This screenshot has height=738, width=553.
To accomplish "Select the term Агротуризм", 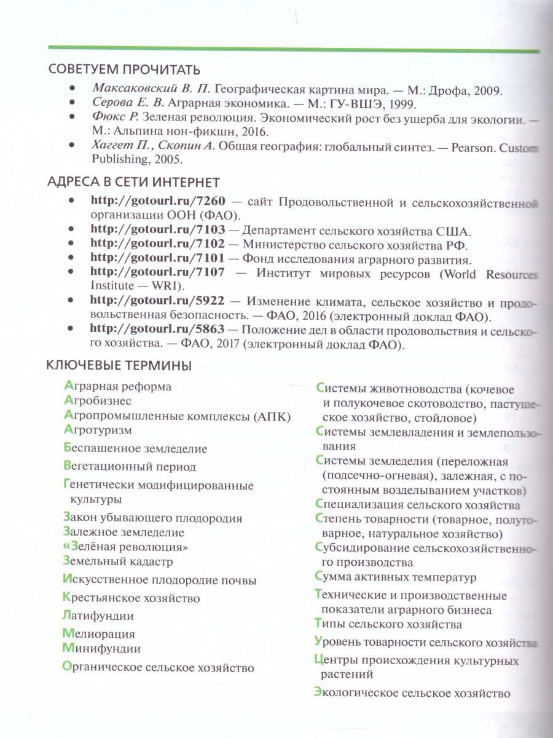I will click(x=98, y=430).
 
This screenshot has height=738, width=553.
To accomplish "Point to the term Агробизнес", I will click(x=98, y=401).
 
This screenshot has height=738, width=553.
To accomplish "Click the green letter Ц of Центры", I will click(x=318, y=661).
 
